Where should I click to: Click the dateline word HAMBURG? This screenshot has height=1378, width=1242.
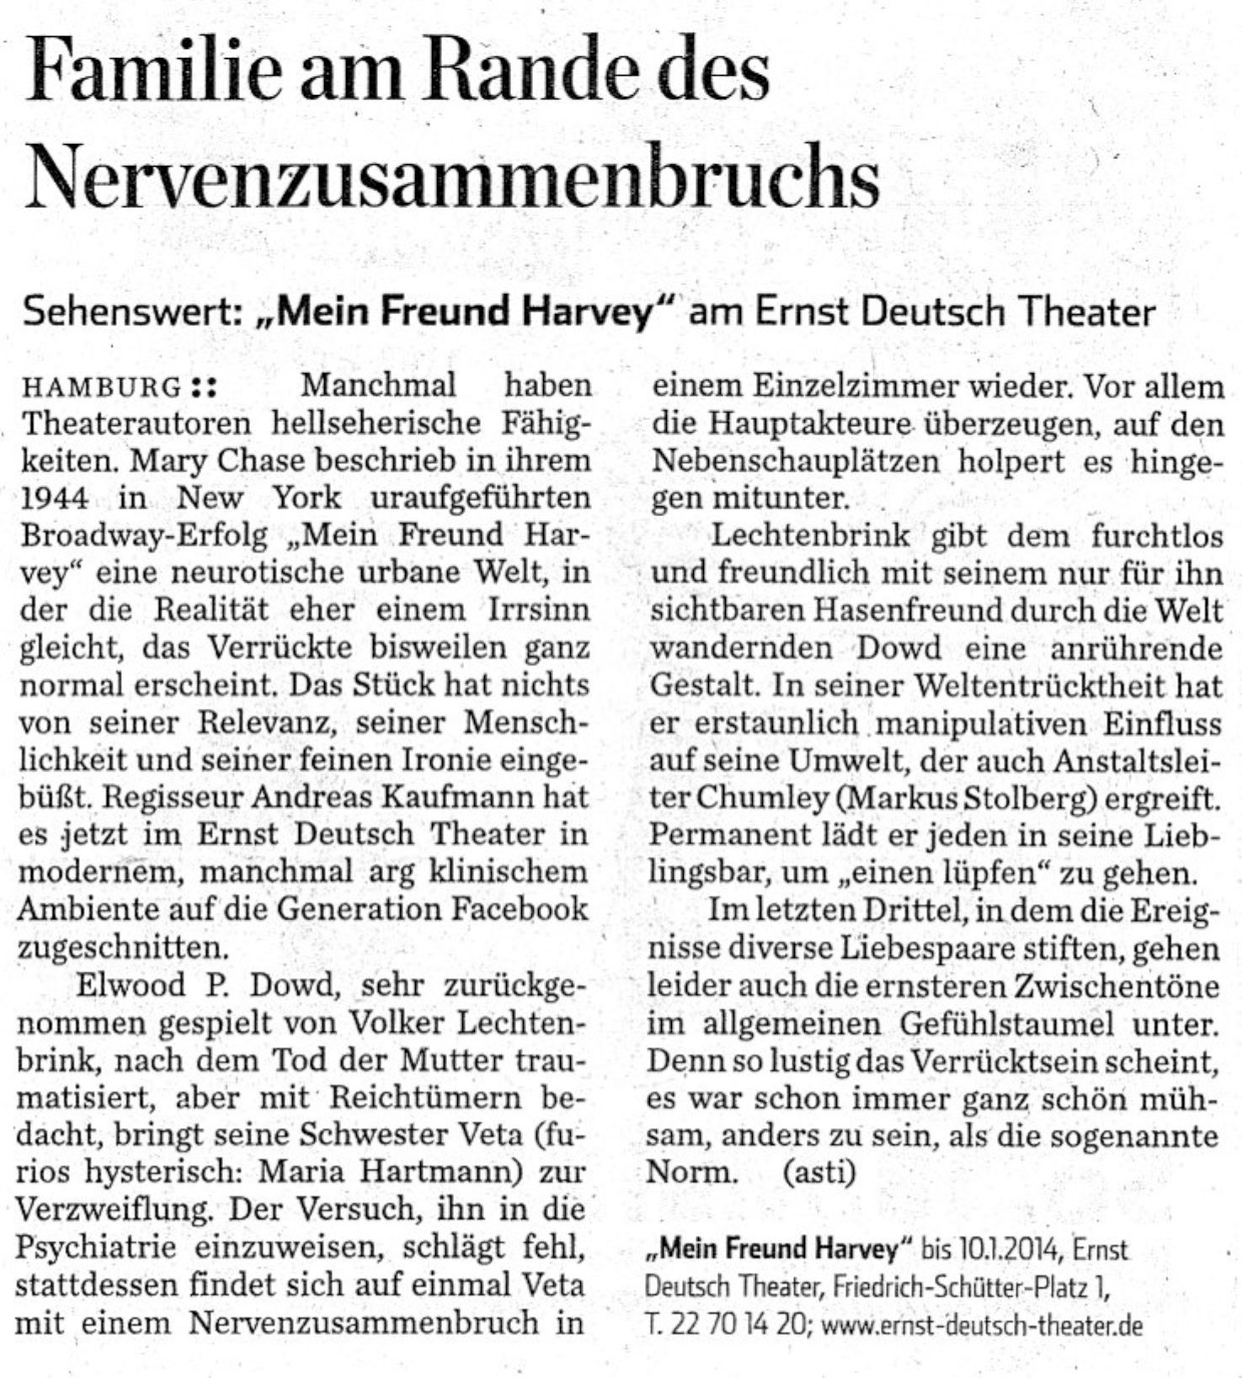pos(101,388)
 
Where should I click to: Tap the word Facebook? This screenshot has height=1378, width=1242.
pos(517,909)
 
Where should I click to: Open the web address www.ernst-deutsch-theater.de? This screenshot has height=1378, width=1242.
pos(982,1326)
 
